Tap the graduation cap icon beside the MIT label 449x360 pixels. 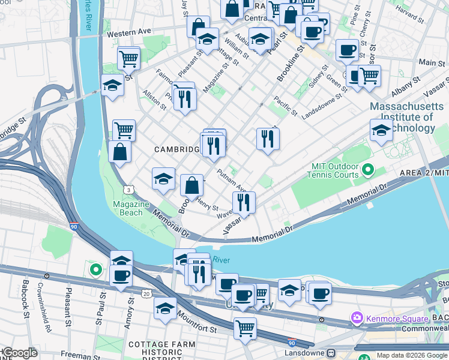[381, 130]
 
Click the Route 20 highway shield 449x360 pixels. [146, 293]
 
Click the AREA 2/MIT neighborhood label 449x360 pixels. [424, 173]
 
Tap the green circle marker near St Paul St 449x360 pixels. [95, 269]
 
